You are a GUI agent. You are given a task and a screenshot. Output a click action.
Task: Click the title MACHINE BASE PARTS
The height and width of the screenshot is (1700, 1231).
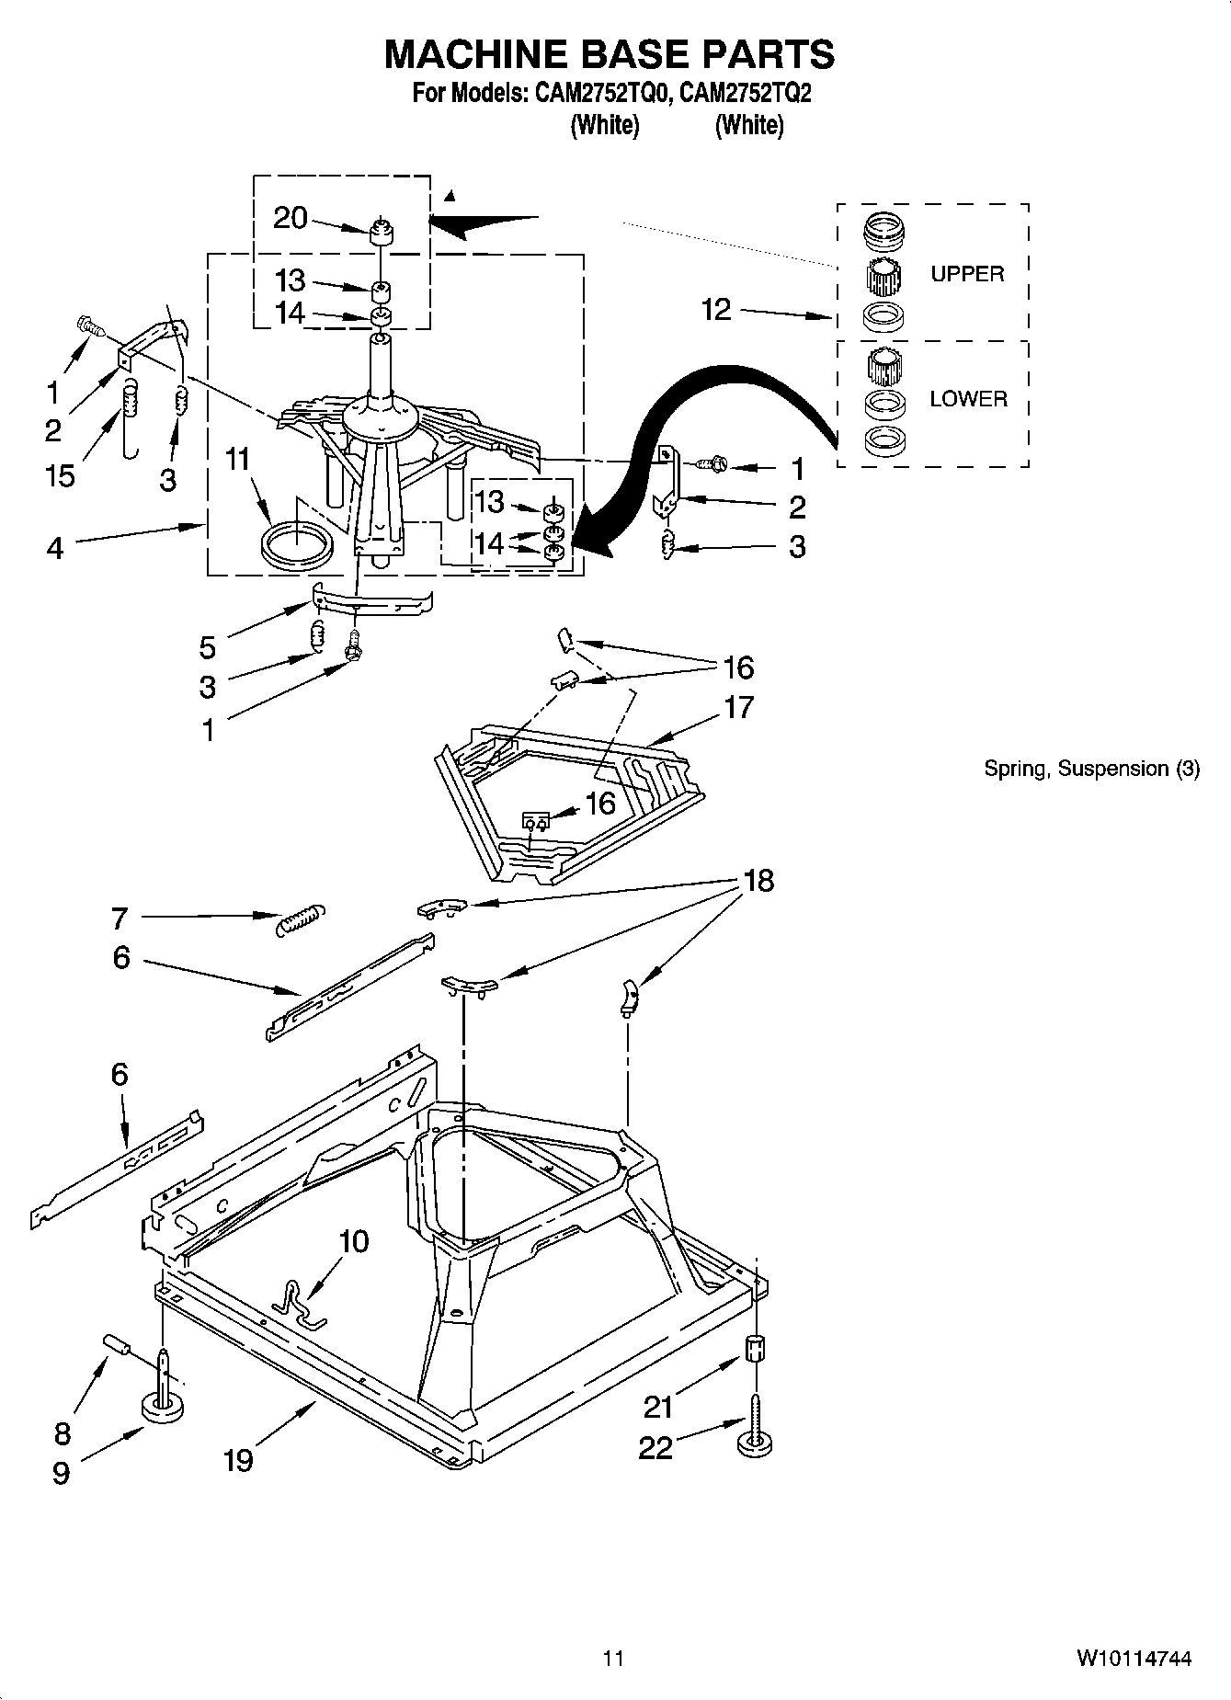(x=609, y=54)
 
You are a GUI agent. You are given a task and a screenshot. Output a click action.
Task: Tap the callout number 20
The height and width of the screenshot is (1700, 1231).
(x=291, y=218)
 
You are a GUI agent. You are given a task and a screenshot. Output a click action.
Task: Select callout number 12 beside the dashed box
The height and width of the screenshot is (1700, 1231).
(x=716, y=310)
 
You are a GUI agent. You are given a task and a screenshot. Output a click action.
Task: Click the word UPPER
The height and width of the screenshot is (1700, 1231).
(x=967, y=274)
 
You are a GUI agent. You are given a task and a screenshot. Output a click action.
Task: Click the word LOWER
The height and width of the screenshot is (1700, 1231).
(x=968, y=399)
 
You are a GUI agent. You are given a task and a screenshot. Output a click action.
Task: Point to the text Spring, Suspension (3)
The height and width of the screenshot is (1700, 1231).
(x=1091, y=769)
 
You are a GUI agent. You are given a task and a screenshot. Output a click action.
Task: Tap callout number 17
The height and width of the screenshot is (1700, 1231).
(x=738, y=707)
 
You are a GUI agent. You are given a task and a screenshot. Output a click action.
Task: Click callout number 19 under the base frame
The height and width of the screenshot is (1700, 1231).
(x=238, y=1459)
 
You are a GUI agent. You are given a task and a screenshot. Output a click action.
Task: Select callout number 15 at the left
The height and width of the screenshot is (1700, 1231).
(x=61, y=476)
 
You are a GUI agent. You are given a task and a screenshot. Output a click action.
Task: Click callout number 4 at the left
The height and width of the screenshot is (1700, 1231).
(x=55, y=549)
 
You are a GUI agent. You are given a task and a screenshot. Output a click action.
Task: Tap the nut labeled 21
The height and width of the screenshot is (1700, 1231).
(x=754, y=1352)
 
